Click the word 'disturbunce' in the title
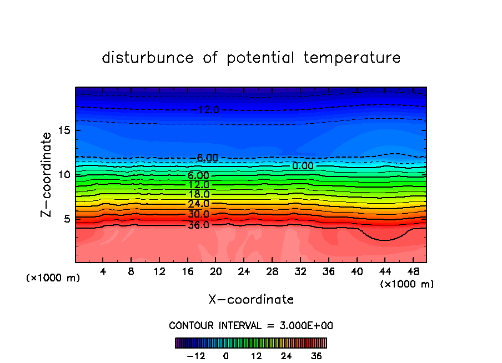tap(148, 58)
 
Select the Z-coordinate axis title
tap(47, 174)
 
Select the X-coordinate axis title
tap(251, 300)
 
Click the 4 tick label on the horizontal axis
tap(103, 272)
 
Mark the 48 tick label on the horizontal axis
tap(413, 272)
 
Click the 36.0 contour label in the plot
tap(198, 225)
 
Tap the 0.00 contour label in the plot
tap(303, 166)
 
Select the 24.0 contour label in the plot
tap(198, 204)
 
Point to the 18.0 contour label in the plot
tap(198, 194)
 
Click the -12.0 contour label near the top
tap(207, 110)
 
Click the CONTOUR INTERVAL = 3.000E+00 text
tap(251, 325)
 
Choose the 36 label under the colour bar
tap(317, 356)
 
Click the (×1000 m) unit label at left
tap(53, 278)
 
